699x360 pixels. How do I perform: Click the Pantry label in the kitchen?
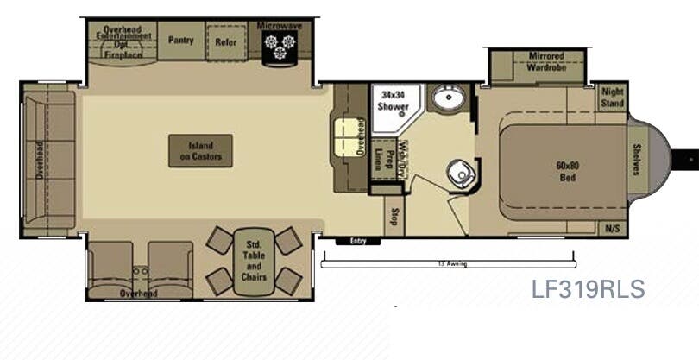pos(181,40)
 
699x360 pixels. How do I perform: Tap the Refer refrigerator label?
pos(225,41)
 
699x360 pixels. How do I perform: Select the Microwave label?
pos(279,26)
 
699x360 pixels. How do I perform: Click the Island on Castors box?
pos(200,151)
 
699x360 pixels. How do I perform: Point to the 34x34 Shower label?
pos(393,101)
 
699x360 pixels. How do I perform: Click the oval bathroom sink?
pos(448,99)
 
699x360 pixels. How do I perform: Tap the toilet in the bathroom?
pos(461,174)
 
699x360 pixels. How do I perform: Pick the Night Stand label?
pos(612,97)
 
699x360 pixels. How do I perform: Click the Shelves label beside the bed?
pos(638,159)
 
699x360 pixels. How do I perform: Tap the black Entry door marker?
pos(358,241)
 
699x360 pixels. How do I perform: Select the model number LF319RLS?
pos(588,289)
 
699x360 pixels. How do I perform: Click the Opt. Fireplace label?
pos(123,50)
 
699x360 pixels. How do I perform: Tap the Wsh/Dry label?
pos(402,157)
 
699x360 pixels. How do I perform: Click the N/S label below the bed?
pos(611,229)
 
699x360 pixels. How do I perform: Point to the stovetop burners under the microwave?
pos(279,48)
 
